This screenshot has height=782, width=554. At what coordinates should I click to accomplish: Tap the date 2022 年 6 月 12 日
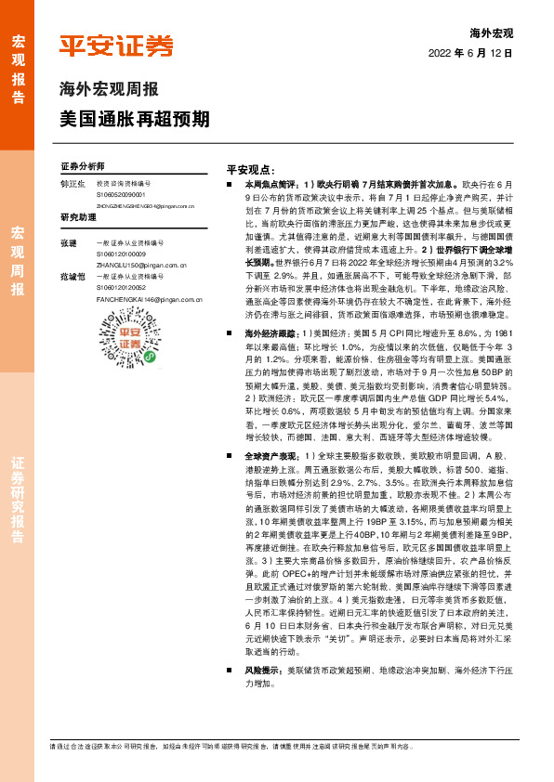pos(470,55)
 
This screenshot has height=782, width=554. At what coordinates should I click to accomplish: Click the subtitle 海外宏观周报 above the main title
pos(109,90)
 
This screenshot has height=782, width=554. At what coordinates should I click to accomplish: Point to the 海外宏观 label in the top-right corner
pos(492,33)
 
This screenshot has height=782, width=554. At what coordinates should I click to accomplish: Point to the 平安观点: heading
pos(251,170)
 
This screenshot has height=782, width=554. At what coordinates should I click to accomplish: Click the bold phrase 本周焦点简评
pos(271,185)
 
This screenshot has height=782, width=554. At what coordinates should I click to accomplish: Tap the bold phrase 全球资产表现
pos(271,456)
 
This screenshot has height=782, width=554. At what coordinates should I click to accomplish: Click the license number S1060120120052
pos(123,288)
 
